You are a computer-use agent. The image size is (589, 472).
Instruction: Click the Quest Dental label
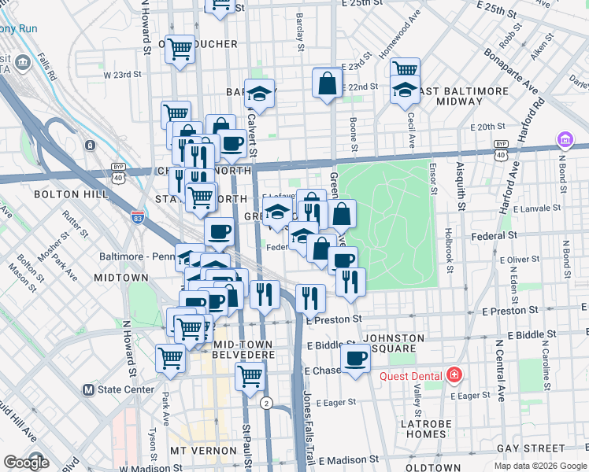click(x=410, y=375)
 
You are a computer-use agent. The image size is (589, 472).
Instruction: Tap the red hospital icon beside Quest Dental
click(x=454, y=375)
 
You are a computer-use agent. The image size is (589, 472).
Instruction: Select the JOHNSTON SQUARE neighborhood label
click(x=395, y=343)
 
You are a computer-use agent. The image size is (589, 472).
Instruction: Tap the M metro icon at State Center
click(x=89, y=389)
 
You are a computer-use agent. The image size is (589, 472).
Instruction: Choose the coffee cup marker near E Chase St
click(x=356, y=360)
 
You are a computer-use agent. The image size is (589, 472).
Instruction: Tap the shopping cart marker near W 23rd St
click(x=180, y=49)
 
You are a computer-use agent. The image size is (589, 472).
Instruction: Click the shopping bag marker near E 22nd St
click(x=327, y=82)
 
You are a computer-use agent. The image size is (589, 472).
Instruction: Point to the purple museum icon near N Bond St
click(x=565, y=140)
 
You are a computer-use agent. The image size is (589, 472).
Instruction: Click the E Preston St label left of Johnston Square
click(x=333, y=319)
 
